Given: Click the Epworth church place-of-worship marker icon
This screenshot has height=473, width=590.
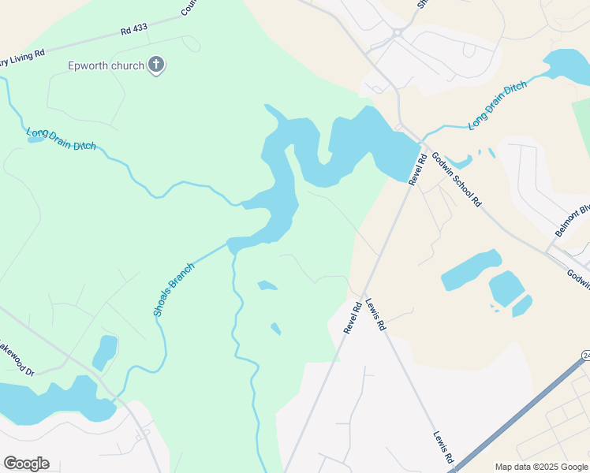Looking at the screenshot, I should [156, 65].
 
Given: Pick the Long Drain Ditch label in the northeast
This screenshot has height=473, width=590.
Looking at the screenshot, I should [497, 105].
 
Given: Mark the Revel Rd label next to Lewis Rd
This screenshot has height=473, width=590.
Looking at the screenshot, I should [353, 317].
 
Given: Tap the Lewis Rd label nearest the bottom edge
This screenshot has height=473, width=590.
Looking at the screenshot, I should [443, 446].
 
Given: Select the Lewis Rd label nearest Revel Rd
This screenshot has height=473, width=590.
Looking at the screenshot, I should [375, 313].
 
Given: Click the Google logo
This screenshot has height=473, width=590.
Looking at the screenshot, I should [26, 464].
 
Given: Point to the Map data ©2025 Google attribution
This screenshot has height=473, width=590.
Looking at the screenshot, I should [540, 467].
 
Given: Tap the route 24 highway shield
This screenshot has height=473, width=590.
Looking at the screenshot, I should [586, 356].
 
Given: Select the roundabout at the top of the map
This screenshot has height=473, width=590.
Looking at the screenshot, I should [397, 33].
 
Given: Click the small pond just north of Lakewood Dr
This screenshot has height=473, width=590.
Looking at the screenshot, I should [104, 352].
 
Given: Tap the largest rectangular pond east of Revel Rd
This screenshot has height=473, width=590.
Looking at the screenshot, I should [471, 270].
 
